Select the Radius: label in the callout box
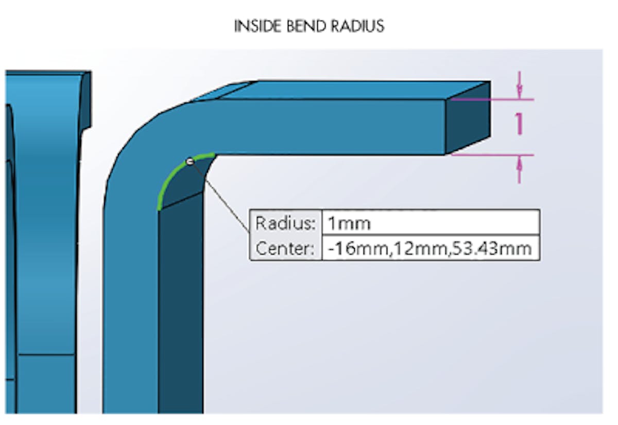click(x=285, y=224)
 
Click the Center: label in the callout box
click(x=285, y=248)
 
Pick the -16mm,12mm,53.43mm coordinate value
click(x=430, y=248)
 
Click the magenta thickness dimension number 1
click(x=519, y=124)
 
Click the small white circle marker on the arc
click(x=190, y=162)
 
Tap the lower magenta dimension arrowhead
click(x=519, y=164)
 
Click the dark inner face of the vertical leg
click(x=180, y=309)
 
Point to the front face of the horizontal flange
click(x=319, y=127)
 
